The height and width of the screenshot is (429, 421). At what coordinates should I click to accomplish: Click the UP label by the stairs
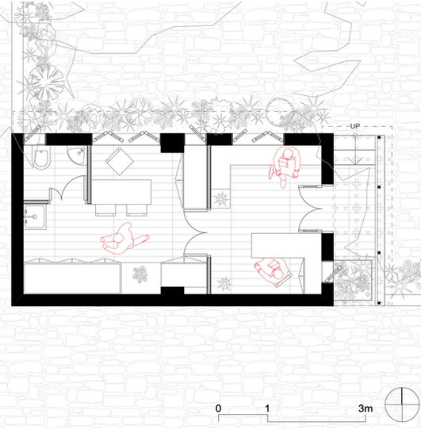[x=355, y=126]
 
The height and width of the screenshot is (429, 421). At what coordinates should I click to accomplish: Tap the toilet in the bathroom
[x=41, y=157]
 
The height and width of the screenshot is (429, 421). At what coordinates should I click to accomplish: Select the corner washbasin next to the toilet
[x=77, y=155]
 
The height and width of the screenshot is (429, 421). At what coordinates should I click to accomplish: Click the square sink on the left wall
[x=35, y=217]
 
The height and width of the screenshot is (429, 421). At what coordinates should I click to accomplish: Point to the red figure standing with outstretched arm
[x=124, y=239]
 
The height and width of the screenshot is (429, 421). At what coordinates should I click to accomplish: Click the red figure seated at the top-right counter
[x=285, y=167]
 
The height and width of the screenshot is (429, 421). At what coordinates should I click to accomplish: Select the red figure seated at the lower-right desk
[x=273, y=271]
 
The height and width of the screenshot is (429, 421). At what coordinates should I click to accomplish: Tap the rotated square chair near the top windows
[x=120, y=161]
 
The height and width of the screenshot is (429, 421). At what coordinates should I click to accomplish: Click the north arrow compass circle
[x=402, y=404]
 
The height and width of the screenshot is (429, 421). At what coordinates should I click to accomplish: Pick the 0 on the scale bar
[x=218, y=408]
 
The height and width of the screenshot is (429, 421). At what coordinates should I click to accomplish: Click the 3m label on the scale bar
[x=366, y=408]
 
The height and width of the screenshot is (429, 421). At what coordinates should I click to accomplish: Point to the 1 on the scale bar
[x=267, y=408]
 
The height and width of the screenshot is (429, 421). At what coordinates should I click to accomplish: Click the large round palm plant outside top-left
[x=46, y=82]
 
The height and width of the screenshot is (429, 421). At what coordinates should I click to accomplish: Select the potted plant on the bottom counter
[x=140, y=274]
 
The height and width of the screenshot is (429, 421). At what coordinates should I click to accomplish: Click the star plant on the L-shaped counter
[x=220, y=199]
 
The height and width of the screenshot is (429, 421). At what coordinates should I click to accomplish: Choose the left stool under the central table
[x=105, y=210]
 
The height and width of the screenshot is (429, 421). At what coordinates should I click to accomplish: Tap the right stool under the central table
[x=137, y=210]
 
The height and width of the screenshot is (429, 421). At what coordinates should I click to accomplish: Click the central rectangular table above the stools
[x=121, y=192]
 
